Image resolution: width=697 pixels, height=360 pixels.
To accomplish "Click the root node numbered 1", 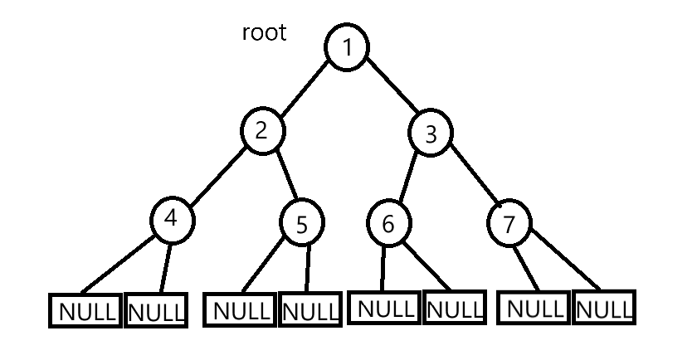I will click(x=346, y=48).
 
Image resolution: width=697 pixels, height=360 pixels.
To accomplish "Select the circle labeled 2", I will click(x=263, y=131).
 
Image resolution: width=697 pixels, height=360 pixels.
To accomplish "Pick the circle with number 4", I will click(x=173, y=219).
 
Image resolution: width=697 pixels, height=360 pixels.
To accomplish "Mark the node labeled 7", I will click(x=509, y=223).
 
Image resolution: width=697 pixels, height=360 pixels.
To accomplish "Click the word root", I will click(x=264, y=33).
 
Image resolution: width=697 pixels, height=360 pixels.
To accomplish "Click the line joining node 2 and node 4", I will click(x=217, y=175).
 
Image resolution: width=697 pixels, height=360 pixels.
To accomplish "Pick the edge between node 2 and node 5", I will click(x=284, y=178).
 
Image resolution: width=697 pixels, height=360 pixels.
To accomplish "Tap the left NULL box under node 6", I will click(x=385, y=309).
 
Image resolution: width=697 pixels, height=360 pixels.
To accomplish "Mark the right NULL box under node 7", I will click(x=602, y=309).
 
